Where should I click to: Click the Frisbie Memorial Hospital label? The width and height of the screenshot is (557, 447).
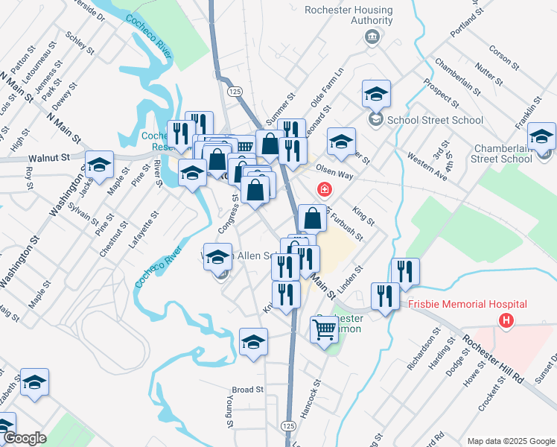pyautogui.click(x=468, y=304)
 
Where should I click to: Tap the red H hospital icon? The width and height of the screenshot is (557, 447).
pyautogui.click(x=506, y=321)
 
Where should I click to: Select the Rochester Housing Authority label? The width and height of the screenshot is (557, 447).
pyautogui.click(x=348, y=16)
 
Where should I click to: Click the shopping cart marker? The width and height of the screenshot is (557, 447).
pyautogui.click(x=324, y=329)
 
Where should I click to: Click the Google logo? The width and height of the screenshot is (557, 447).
pyautogui.click(x=24, y=438)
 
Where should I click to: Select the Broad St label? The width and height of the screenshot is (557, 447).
pyautogui.click(x=248, y=390)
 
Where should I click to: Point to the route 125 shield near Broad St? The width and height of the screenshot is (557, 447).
pyautogui.click(x=289, y=425)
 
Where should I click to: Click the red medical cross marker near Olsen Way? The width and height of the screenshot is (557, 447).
pyautogui.click(x=324, y=189)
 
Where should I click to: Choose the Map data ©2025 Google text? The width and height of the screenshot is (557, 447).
pyautogui.click(x=510, y=440)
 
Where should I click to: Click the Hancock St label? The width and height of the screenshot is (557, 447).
pyautogui.click(x=316, y=399)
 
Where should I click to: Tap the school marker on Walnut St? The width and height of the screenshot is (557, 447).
pyautogui.click(x=98, y=167)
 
